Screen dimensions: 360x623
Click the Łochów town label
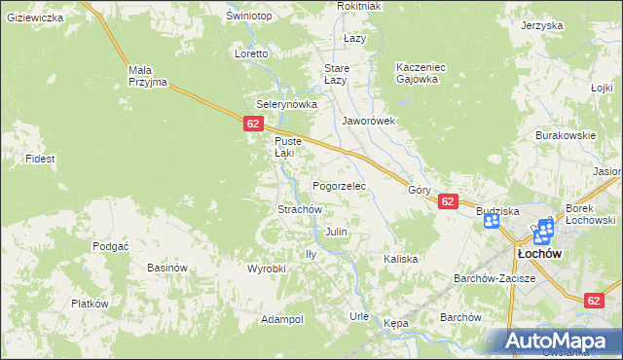536,253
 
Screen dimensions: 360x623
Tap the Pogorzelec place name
338,185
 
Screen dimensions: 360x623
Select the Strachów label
300,209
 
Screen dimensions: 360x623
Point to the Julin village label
336,233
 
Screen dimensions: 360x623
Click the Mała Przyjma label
148,76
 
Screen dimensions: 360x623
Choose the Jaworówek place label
368,122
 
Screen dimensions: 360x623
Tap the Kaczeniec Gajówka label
421,73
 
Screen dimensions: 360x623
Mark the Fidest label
40,158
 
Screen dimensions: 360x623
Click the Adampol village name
282,319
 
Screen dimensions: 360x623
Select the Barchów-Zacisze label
495,278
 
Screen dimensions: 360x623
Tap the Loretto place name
251,54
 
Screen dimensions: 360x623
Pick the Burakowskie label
565,136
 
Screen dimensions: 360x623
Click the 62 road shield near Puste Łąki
253,124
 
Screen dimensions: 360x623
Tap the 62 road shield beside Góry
448,201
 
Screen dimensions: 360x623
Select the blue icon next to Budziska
492,222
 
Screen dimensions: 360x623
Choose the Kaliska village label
400,259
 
